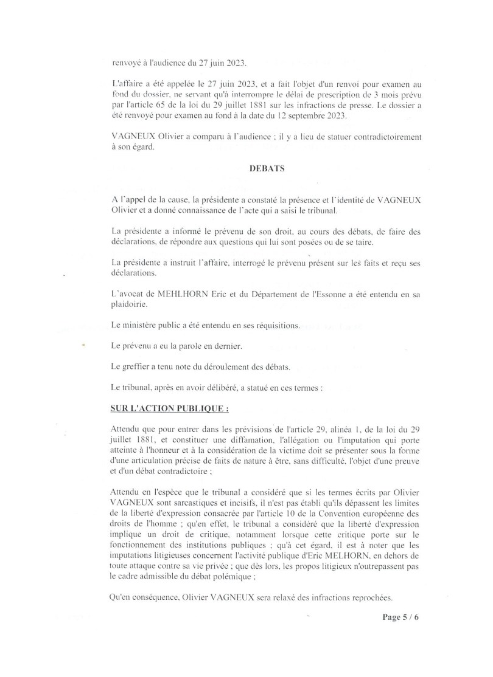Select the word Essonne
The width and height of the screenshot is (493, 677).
pyautogui.click(x=341, y=294)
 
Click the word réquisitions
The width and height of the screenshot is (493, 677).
pyautogui.click(x=273, y=325)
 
